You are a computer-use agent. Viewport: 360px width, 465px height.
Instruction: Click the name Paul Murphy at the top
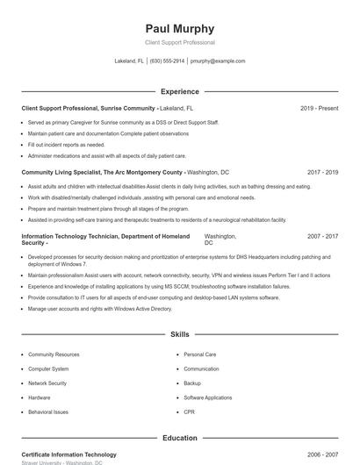[180, 29]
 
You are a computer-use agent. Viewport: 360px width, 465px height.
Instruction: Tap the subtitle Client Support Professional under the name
[180, 42]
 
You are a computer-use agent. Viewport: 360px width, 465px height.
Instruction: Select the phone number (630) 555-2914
[167, 61]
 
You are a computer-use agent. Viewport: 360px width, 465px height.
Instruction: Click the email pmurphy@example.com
[218, 61]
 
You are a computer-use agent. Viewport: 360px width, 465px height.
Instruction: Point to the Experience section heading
[180, 91]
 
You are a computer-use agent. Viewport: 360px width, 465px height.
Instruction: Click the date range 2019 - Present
[319, 108]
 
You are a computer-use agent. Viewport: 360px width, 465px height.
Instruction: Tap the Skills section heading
[180, 335]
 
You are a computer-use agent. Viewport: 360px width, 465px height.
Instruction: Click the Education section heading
[180, 438]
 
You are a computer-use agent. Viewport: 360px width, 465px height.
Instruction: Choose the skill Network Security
[47, 383]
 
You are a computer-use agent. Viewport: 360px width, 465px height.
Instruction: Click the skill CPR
[189, 411]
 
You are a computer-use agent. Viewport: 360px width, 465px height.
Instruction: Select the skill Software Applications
[208, 397]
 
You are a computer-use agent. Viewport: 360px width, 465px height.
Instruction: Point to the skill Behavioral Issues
[48, 411]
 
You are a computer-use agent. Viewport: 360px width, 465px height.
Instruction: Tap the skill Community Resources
[54, 354]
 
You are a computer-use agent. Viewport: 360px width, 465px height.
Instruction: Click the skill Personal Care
[200, 354]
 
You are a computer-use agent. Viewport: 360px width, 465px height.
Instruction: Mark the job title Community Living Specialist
[63, 173]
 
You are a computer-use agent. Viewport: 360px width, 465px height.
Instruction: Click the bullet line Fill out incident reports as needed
[66, 145]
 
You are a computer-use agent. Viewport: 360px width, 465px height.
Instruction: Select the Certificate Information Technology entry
[68, 454]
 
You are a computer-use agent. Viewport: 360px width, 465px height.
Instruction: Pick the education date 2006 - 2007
[322, 454]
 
